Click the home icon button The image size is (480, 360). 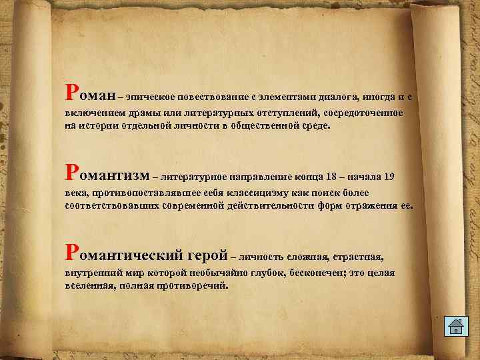(x=455, y=327)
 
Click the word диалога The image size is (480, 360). (x=341, y=97)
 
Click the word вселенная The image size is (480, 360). (x=89, y=285)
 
